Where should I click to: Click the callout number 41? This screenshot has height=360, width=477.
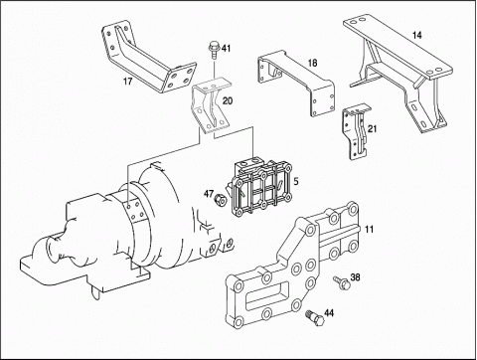click(x=226, y=49)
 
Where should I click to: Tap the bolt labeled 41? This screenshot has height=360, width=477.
click(x=214, y=51)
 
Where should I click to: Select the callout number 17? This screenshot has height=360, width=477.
click(x=128, y=81)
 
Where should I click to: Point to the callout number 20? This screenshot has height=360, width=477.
click(x=228, y=100)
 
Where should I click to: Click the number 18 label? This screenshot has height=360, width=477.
click(x=312, y=63)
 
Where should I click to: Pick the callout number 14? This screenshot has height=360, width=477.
click(x=417, y=35)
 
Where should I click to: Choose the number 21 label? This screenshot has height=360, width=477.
click(x=373, y=128)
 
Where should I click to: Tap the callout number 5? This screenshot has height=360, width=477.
click(x=296, y=181)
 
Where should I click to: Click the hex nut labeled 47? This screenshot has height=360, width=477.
click(x=220, y=200)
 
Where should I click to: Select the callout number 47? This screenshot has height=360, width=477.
click(x=209, y=193)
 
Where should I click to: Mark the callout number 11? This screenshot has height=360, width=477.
click(x=369, y=229)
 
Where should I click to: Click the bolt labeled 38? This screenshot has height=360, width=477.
click(x=342, y=282)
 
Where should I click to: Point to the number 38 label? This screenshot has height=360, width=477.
click(x=355, y=276)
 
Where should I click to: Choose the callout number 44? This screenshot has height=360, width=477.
click(x=329, y=312)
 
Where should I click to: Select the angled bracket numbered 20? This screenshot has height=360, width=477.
click(x=211, y=106)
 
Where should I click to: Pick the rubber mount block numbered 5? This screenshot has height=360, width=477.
click(x=261, y=188)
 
